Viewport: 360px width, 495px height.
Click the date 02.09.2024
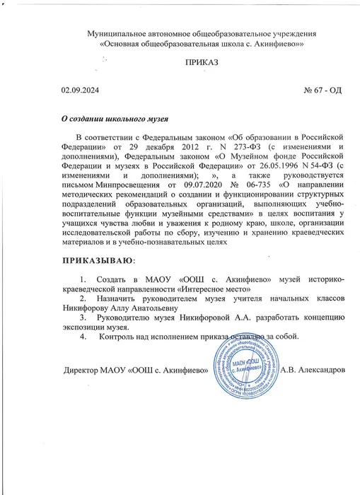coord(84,92)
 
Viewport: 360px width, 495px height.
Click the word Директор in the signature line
coord(85,371)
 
